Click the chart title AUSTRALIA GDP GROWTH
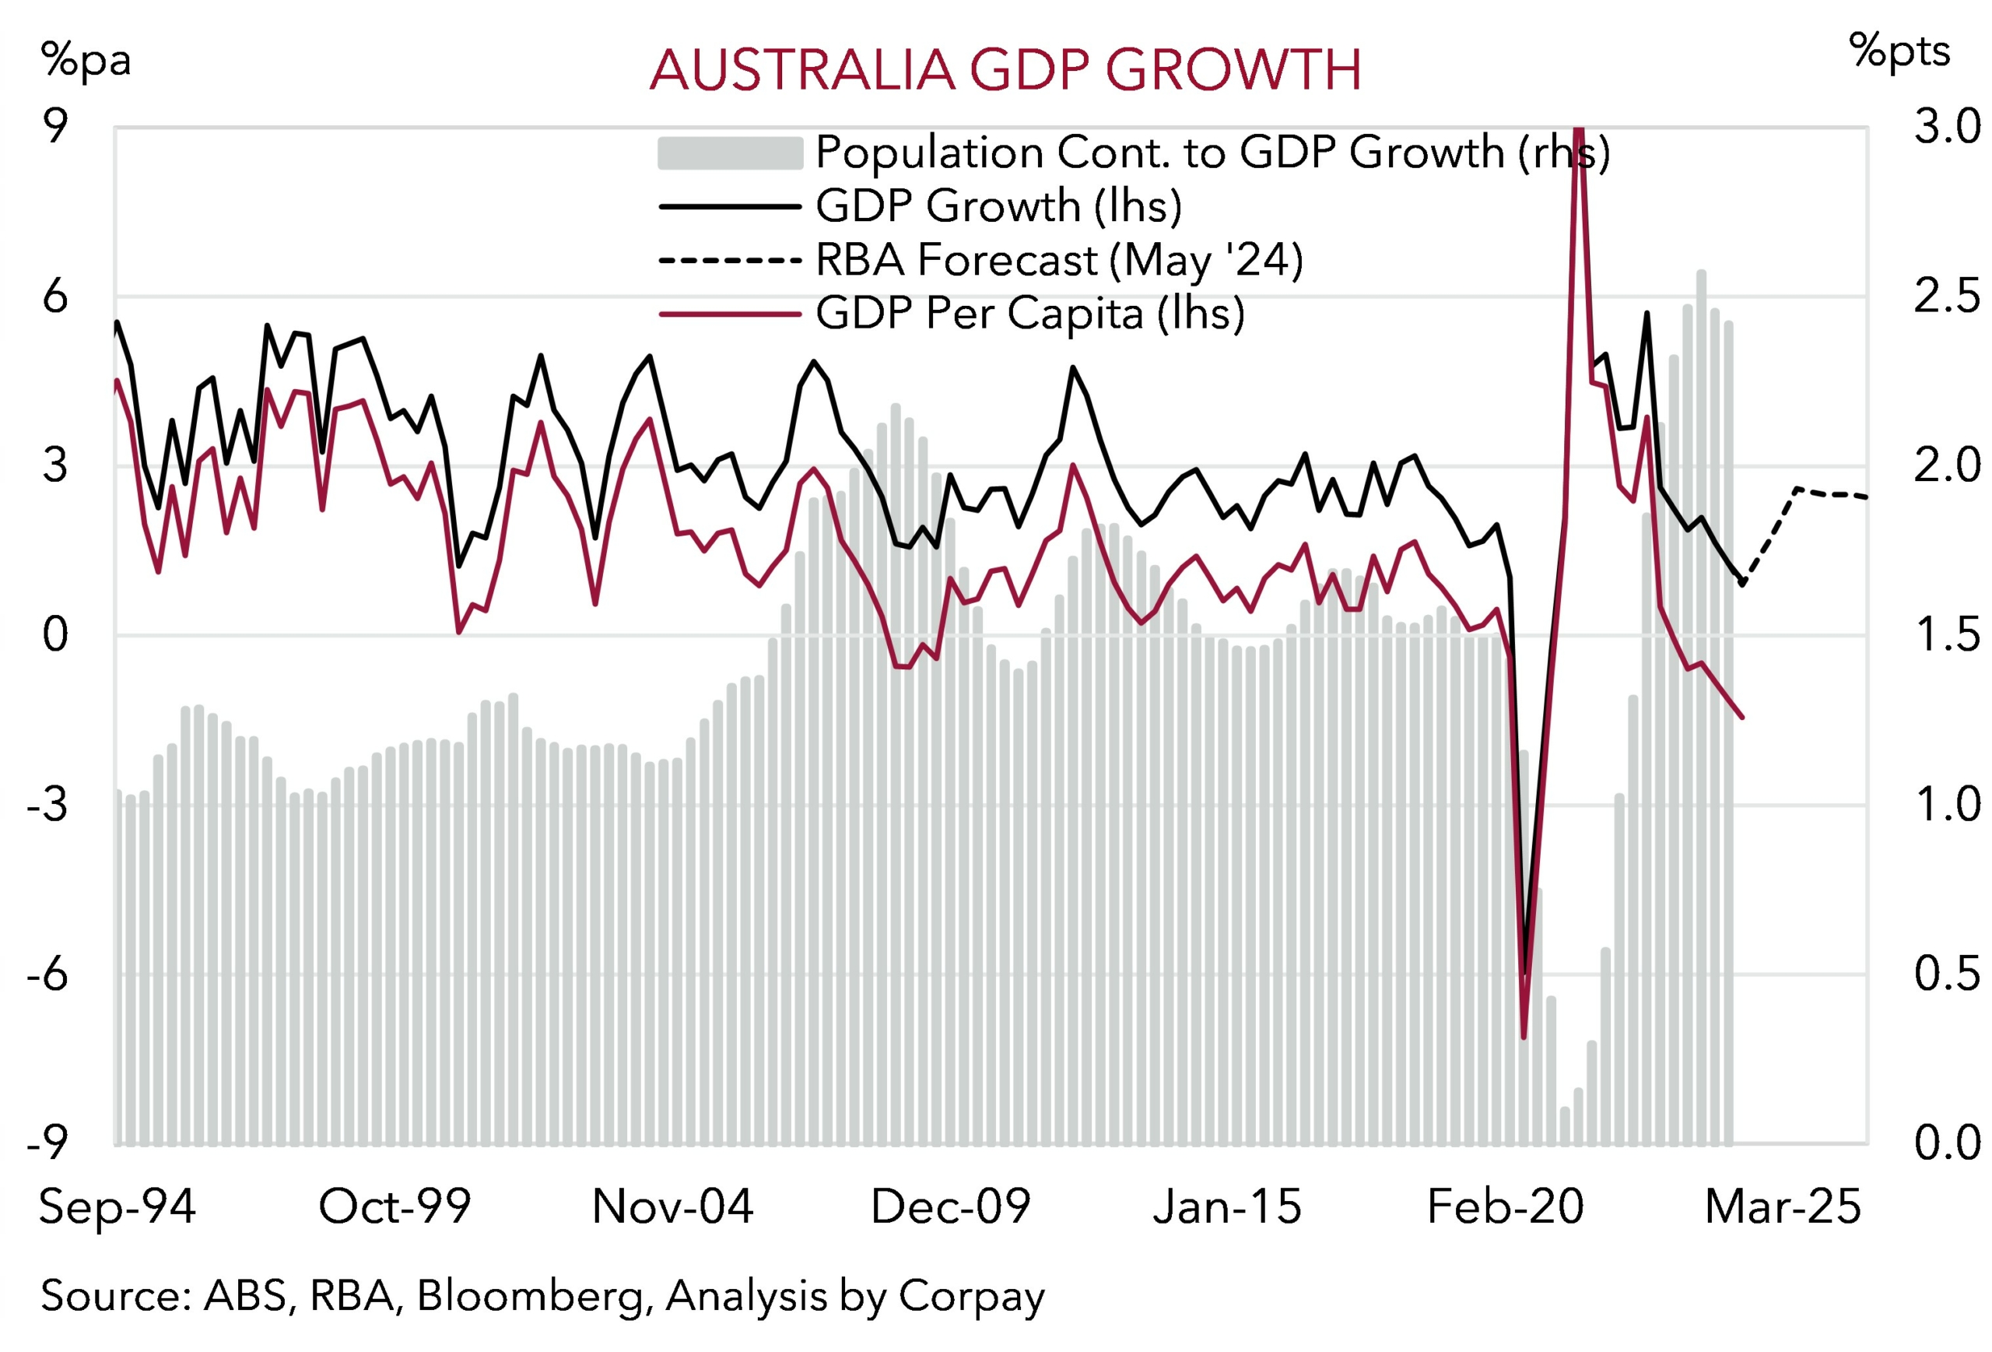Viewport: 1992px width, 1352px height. [1005, 69]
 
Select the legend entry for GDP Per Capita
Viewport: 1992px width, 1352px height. [1029, 313]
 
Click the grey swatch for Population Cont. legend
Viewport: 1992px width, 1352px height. [729, 153]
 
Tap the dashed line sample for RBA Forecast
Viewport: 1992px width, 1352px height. [729, 260]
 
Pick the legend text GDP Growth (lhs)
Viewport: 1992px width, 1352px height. [998, 205]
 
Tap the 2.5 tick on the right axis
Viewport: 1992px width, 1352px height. [1946, 297]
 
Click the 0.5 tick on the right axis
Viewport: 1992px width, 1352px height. [1946, 974]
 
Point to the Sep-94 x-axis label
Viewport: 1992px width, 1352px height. [117, 1207]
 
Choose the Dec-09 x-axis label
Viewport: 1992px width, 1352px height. [951, 1207]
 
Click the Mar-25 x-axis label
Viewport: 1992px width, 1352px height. [1783, 1207]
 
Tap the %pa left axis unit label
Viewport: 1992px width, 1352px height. [86, 60]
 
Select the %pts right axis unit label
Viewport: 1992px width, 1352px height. [1899, 51]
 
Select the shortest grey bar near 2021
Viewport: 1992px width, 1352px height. [1565, 1125]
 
